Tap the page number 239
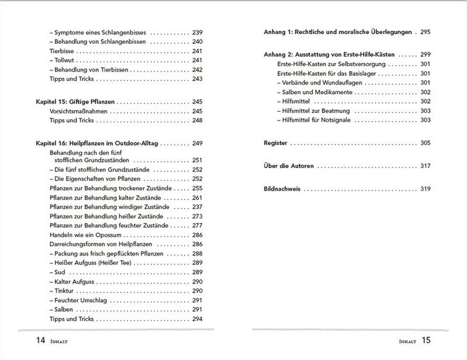[x=197, y=32]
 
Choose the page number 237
[x=197, y=207]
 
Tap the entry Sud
[x=60, y=272]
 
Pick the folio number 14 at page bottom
[x=23, y=340]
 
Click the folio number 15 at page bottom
[x=426, y=340]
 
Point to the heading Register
[x=276, y=143]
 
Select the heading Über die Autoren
[x=287, y=166]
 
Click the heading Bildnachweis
[x=282, y=189]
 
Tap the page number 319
[x=425, y=189]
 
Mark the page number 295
[x=425, y=32]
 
